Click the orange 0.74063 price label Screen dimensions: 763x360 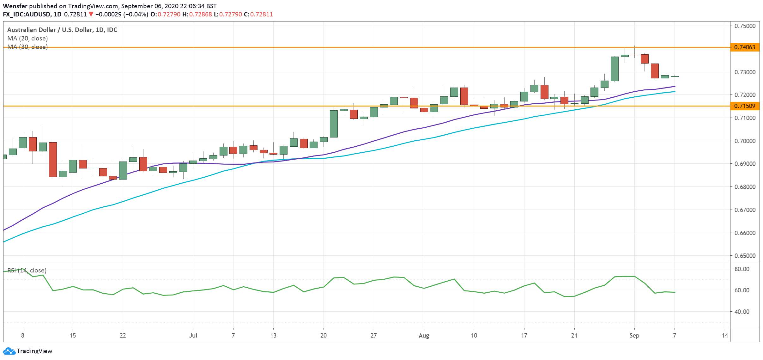745,47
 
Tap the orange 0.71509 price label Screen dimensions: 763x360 745,106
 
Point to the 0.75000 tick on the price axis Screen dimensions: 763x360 745,26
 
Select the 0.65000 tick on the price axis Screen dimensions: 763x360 745,256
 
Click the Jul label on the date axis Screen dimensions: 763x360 193,335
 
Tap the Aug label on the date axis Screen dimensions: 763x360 424,336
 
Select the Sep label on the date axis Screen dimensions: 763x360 634,336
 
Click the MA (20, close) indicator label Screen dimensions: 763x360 27,39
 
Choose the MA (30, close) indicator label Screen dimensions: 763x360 27,47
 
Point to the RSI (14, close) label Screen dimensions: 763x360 27,271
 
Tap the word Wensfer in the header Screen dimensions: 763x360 15,6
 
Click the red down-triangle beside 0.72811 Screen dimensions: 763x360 91,14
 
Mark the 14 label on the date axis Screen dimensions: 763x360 725,335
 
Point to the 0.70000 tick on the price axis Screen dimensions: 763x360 745,141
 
